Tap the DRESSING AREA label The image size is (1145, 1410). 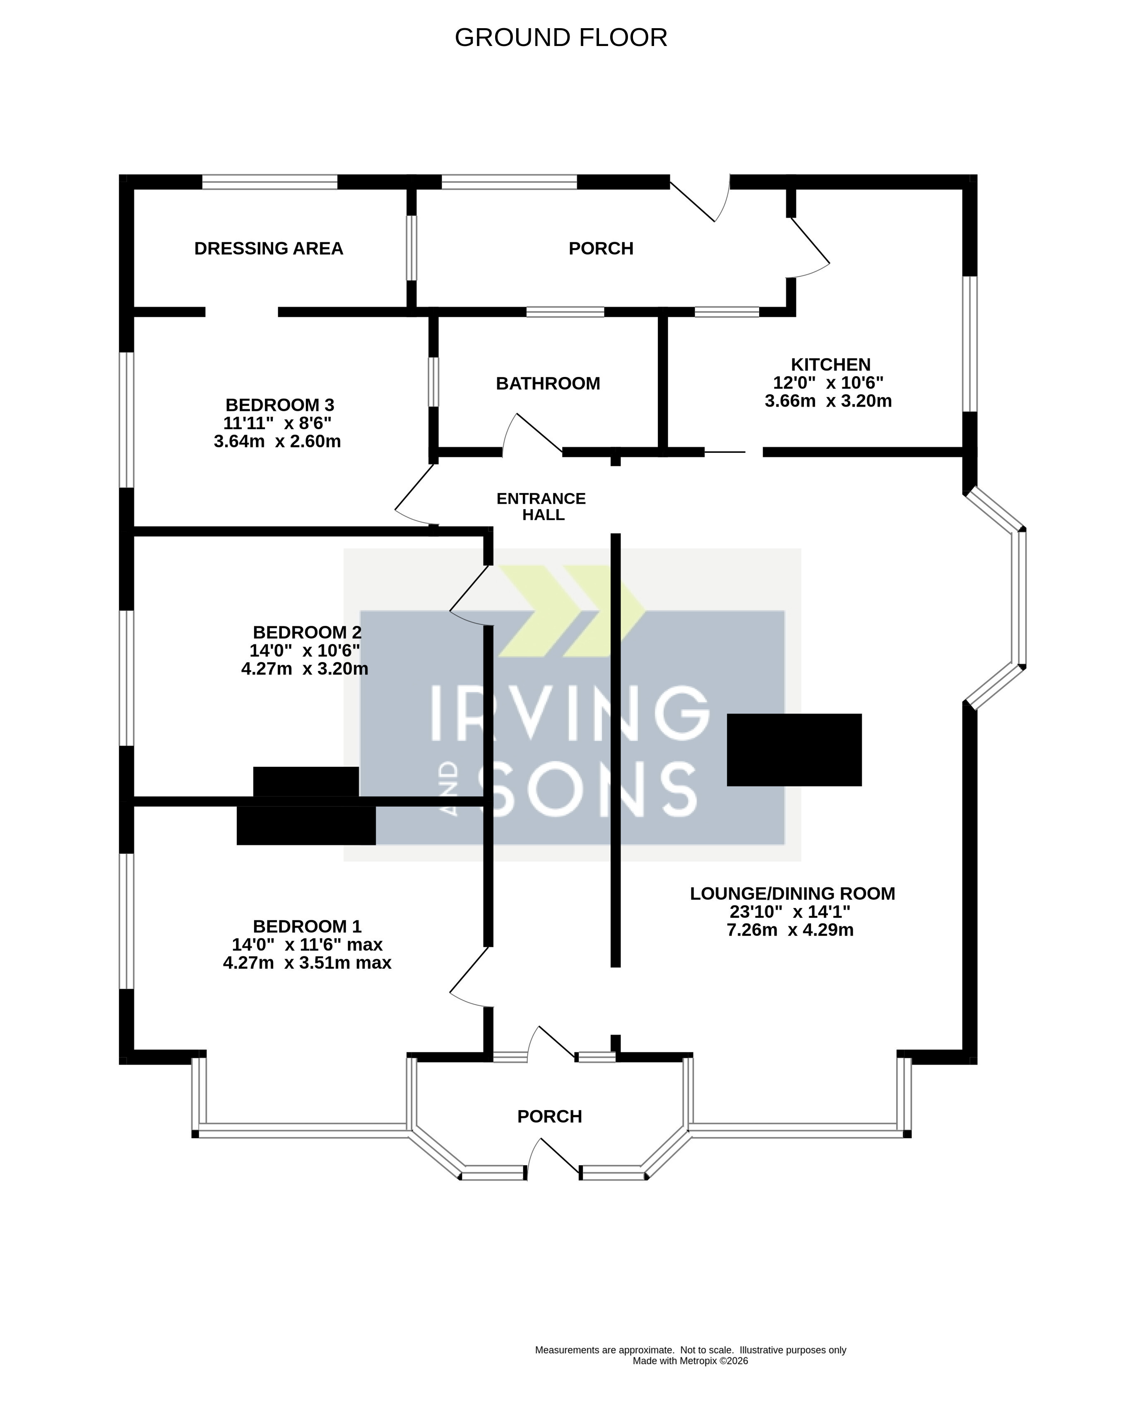click(x=268, y=249)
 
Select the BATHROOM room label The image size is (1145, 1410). click(x=548, y=383)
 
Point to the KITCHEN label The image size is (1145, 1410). click(x=830, y=364)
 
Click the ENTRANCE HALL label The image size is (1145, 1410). click(x=541, y=507)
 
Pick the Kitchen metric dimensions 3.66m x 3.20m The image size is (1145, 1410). click(x=828, y=401)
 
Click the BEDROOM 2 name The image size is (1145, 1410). click(x=307, y=632)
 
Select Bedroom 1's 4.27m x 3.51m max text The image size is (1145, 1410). click(x=307, y=963)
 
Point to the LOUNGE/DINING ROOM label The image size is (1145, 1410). click(x=793, y=893)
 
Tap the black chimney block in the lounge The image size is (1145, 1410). click(x=794, y=750)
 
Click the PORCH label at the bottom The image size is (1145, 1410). click(x=549, y=1116)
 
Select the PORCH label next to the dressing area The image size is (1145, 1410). click(x=601, y=249)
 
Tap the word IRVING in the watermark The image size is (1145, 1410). click(x=570, y=712)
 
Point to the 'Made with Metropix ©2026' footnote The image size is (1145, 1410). click(x=690, y=1361)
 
